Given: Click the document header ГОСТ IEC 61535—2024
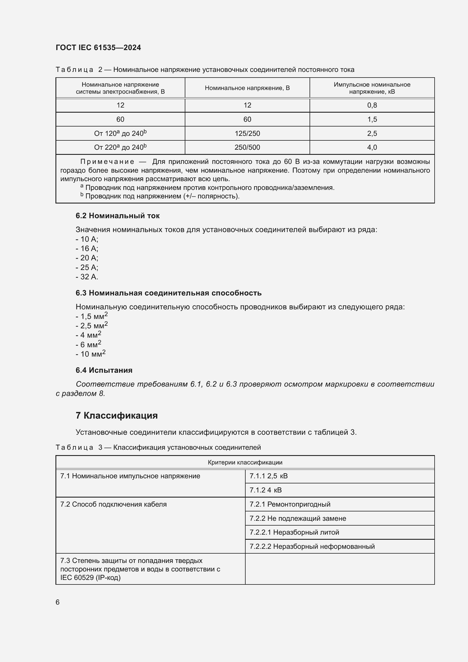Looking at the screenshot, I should point(98,48).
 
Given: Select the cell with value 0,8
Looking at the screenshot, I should point(372,105).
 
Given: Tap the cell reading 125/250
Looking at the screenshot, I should point(247,134).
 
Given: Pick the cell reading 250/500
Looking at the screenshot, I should point(247,147).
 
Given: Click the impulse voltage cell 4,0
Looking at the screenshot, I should point(372,147).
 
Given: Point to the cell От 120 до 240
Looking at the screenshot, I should point(120,134).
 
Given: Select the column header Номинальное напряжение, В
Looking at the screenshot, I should point(247,88).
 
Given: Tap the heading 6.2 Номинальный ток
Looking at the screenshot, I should point(117,216).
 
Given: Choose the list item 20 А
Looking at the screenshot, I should point(87,258).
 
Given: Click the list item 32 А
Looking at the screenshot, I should point(87,277).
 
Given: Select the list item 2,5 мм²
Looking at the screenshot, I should point(92,325).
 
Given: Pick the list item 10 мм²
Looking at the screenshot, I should point(91,354).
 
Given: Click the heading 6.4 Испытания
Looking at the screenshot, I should point(104,370).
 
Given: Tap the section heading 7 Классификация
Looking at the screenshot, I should point(116,415).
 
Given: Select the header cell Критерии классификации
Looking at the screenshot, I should point(245,462).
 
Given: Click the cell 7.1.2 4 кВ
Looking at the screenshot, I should point(265,490).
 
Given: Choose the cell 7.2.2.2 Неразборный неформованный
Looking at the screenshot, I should point(312,546).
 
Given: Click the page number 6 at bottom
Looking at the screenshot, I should point(58,602).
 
